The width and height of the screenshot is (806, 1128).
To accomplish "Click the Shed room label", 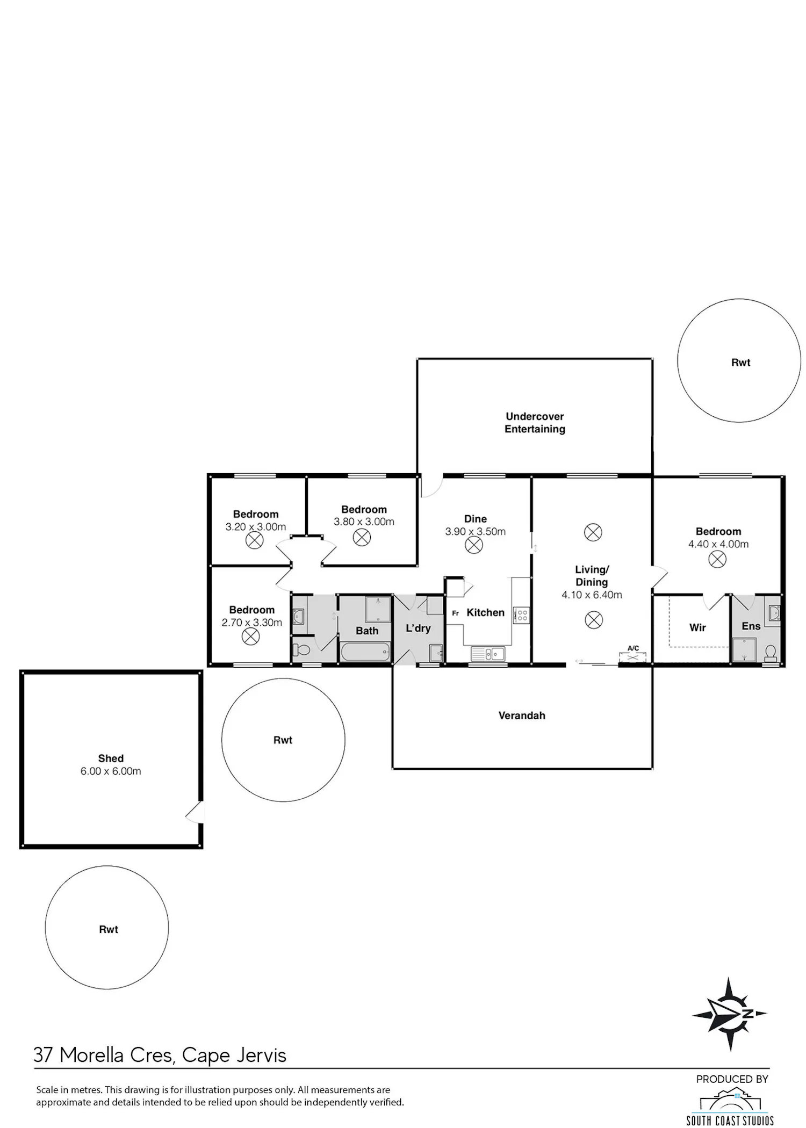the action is coord(111,758).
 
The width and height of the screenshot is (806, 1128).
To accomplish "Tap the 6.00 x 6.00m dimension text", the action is coord(111,771).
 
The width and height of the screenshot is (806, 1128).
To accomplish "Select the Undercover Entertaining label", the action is coord(535,423).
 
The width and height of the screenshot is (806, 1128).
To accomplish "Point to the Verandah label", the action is coord(522,715).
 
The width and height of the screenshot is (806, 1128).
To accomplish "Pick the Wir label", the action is coord(697,627).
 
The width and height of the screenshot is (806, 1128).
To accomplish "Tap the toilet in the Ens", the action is coord(771,653).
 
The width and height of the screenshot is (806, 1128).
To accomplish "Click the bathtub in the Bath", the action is coord(365,653).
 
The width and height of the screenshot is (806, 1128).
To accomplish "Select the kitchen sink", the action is coord(488,654).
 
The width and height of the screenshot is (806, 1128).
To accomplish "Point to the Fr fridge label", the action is coord(455,613).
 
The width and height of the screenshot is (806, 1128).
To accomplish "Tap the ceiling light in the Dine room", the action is coord(473,546).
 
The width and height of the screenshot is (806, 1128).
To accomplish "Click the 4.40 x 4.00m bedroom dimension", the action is coord(718,544).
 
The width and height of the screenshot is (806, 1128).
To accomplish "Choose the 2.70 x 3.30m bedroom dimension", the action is coord(251,623).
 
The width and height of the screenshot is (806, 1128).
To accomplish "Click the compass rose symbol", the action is coord(729,1014).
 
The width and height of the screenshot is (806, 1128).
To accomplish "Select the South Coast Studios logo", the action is coord(730,1107).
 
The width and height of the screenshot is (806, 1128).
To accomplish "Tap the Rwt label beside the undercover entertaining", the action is coord(740,363).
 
